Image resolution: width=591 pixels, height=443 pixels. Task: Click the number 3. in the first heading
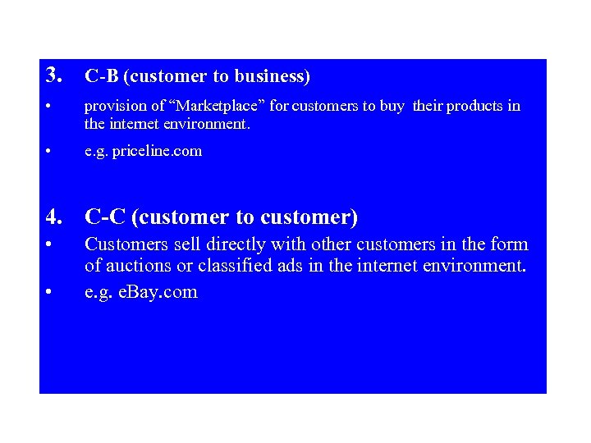click(55, 76)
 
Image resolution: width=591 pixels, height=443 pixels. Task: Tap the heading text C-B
click(102, 77)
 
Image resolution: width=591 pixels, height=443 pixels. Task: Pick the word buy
click(391, 107)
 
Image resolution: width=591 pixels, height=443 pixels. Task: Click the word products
click(474, 107)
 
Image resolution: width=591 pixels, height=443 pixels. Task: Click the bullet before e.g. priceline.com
click(49, 152)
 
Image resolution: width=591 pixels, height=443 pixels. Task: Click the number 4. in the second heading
click(55, 217)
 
